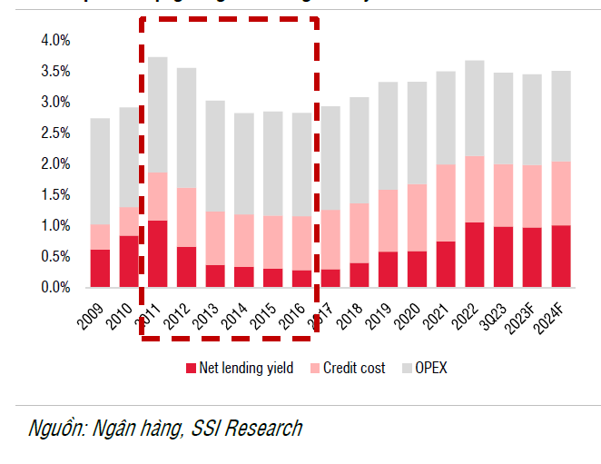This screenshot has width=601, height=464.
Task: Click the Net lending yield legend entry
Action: click(244, 369)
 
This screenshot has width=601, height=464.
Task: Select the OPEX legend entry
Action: click(430, 369)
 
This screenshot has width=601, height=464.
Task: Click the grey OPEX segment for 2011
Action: click(158, 114)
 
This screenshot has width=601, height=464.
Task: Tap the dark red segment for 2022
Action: click(475, 254)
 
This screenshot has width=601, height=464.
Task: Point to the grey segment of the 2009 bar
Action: click(100, 172)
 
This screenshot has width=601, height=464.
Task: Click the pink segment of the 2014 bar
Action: click(244, 241)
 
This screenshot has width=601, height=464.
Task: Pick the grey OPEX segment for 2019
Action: click(388, 136)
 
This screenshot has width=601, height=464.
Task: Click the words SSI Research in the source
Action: click(246, 429)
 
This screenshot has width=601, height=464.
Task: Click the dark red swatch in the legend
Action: click(191, 369)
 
